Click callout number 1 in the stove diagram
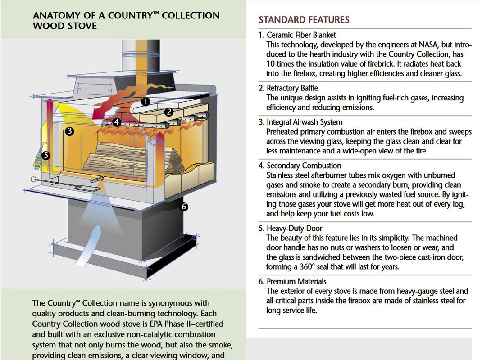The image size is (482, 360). [x=145, y=102]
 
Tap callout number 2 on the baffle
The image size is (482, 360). [x=169, y=112]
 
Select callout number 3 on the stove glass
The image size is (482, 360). [x=69, y=131]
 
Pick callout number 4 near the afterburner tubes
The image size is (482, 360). [x=116, y=121]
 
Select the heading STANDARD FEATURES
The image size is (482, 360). [x=304, y=19]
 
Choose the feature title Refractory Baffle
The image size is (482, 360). [x=292, y=88]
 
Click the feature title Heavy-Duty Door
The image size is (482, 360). [x=294, y=228]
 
